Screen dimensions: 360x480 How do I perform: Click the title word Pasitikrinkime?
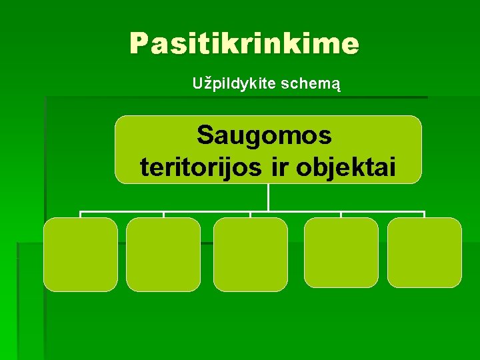(244, 44)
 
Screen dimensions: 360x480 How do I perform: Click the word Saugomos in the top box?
(264, 135)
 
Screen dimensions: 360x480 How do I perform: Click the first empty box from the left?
(81, 255)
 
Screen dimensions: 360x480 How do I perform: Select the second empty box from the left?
(163, 255)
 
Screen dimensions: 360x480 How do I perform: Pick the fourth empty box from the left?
(341, 253)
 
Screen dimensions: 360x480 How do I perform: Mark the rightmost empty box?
(424, 253)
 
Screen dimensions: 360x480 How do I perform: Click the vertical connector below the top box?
(268, 197)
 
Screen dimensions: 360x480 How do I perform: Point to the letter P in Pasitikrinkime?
(139, 44)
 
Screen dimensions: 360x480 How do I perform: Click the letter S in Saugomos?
(205, 135)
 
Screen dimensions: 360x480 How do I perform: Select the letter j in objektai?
(328, 168)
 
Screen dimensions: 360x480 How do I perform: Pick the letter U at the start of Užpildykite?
(197, 84)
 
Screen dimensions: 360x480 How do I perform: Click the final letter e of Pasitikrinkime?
(351, 45)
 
